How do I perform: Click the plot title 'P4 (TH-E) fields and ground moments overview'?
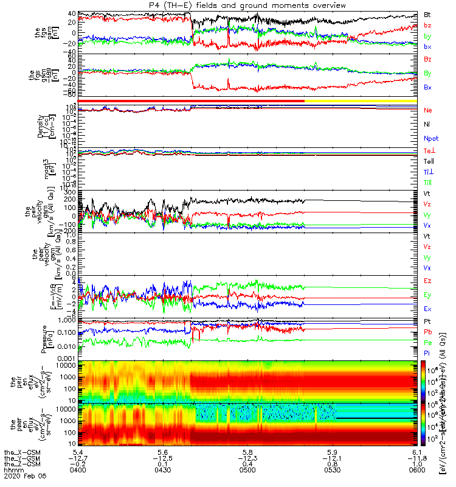[x=247, y=5]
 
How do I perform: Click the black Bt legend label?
[x=427, y=14]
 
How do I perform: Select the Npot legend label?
[x=431, y=138]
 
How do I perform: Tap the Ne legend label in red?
[x=428, y=110]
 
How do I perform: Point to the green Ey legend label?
[x=428, y=295]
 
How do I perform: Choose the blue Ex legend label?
[x=428, y=309]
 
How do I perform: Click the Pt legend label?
[x=427, y=321]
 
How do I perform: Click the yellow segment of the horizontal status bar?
[x=363, y=100]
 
